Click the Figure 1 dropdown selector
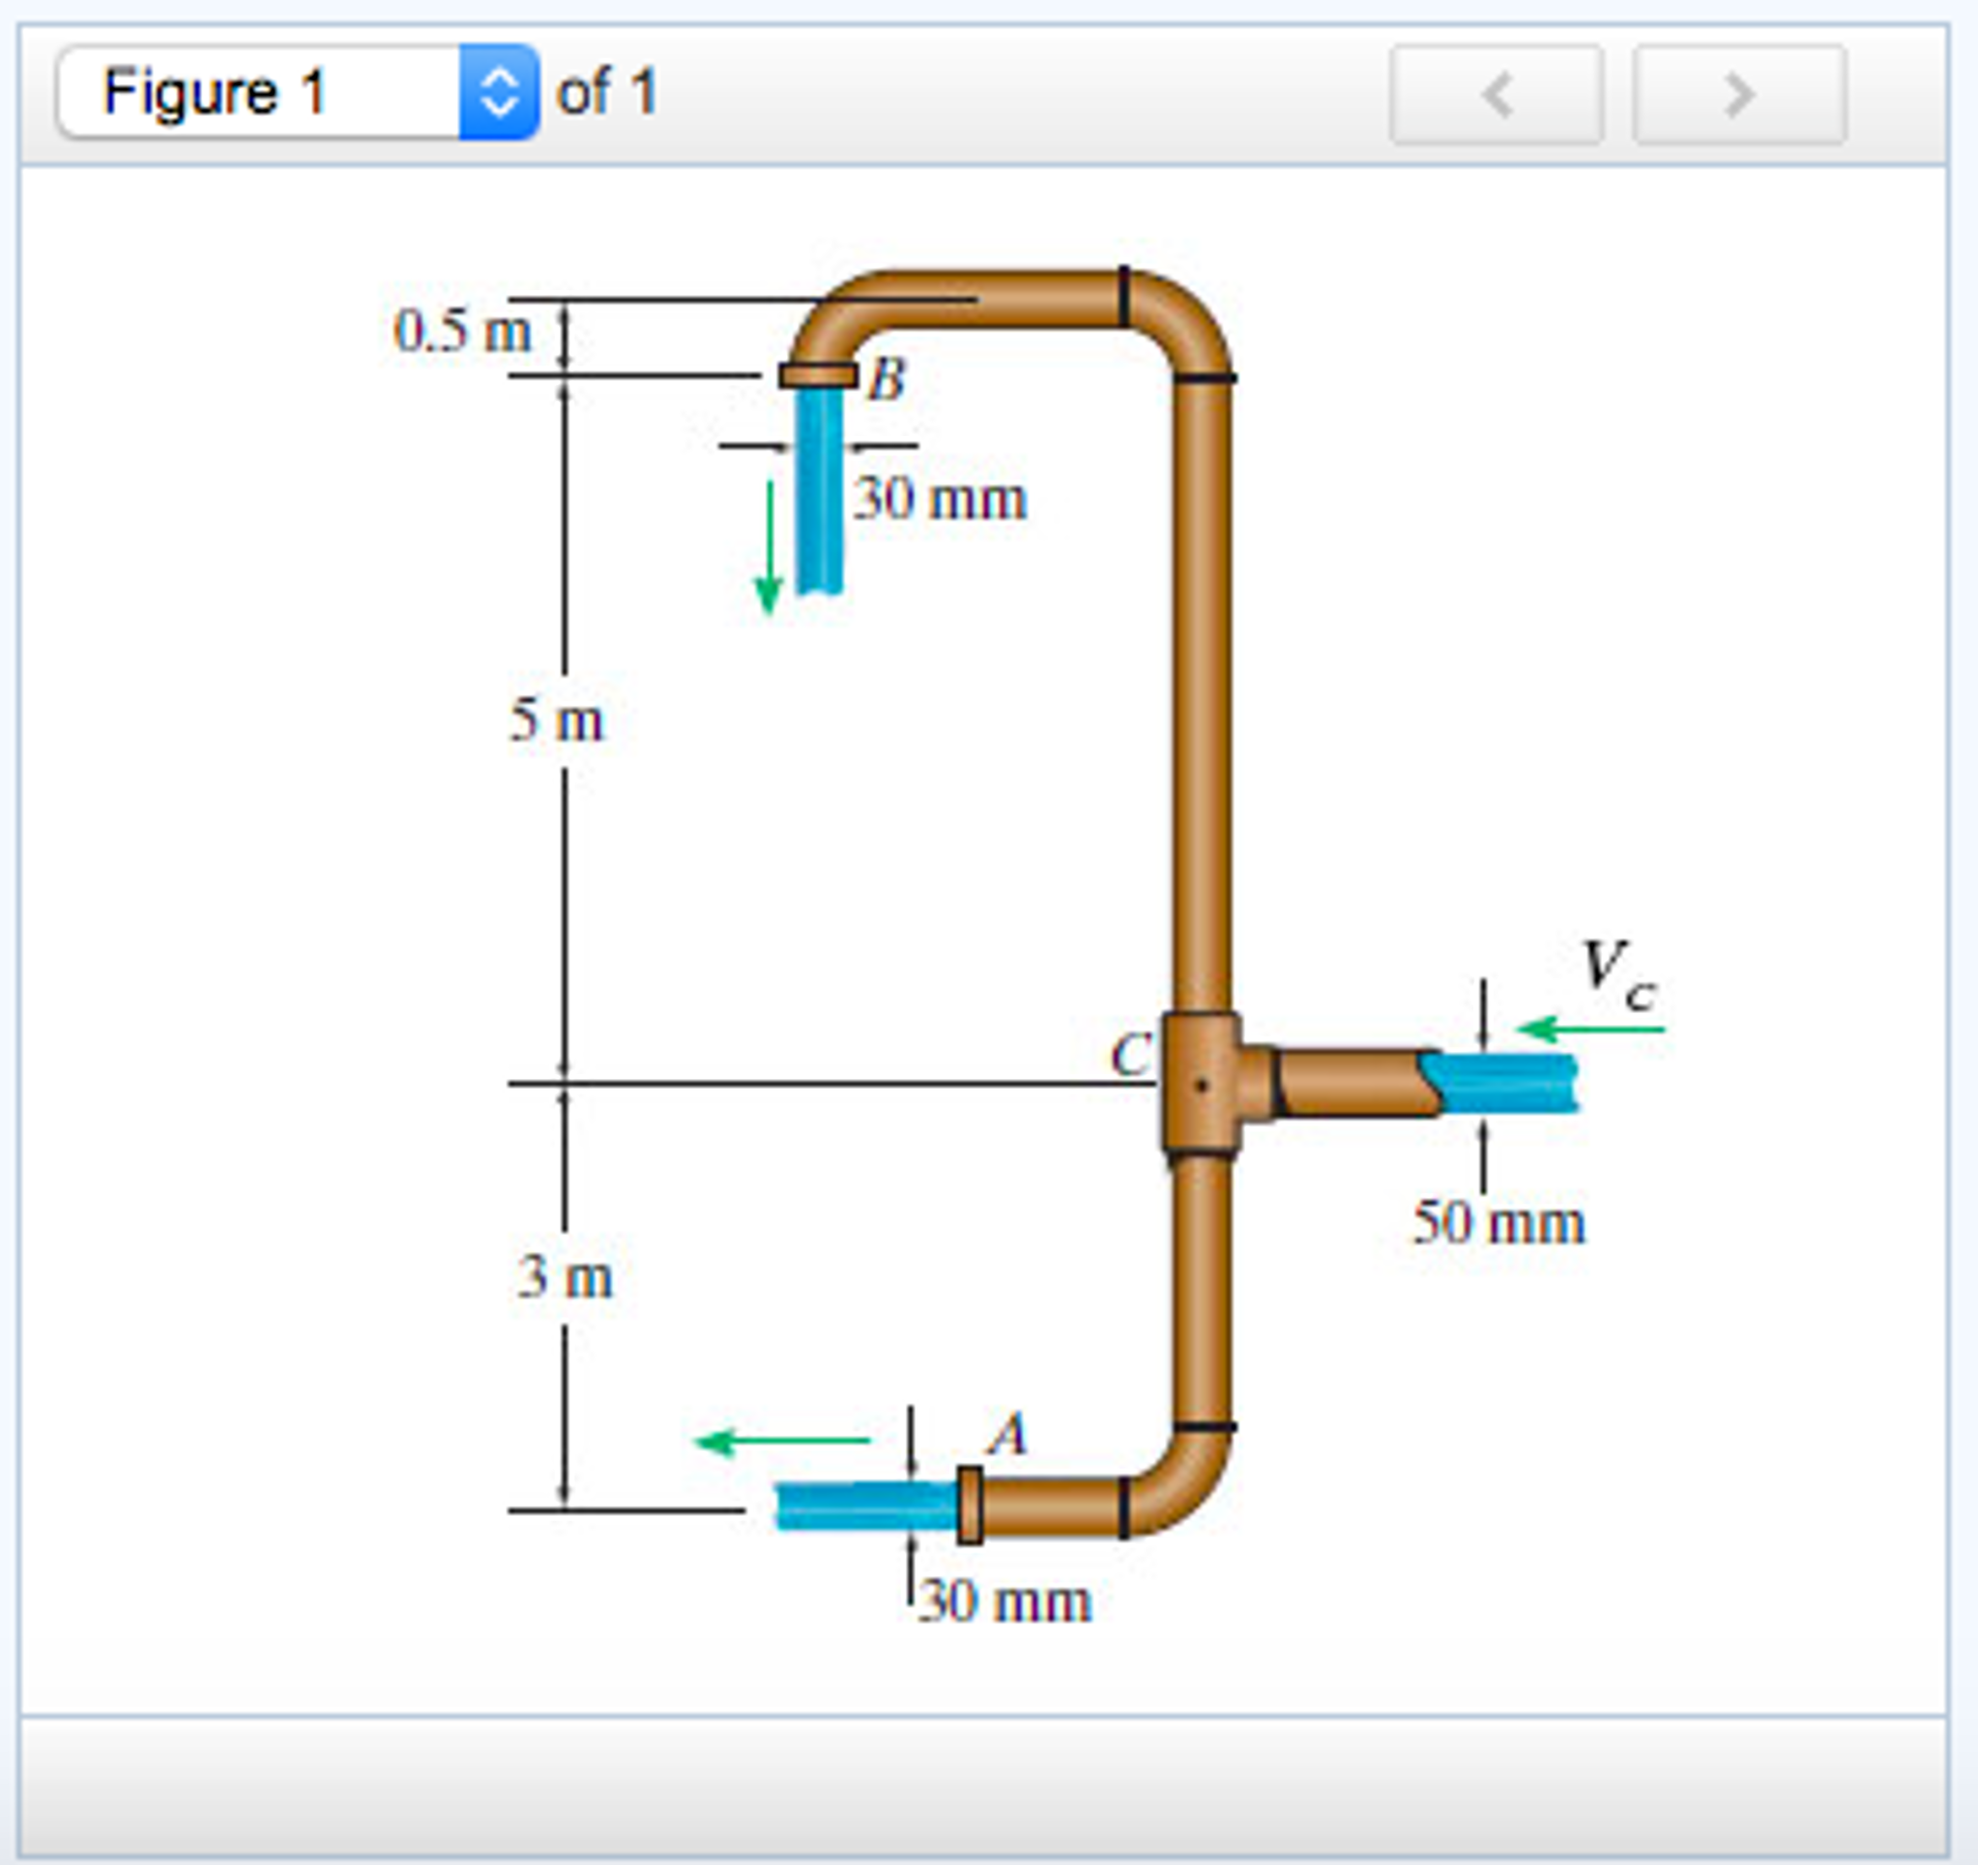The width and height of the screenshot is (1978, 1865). (298, 93)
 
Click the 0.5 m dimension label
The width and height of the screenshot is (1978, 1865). (463, 331)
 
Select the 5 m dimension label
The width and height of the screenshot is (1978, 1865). (556, 719)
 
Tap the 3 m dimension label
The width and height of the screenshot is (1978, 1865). (565, 1277)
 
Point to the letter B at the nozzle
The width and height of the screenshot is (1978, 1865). (887, 379)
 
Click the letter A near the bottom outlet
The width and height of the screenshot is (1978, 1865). (1008, 1434)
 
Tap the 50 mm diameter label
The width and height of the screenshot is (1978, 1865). (1498, 1222)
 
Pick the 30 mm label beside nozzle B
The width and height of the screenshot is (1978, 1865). (941, 499)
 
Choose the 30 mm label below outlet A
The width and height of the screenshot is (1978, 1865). (1004, 1601)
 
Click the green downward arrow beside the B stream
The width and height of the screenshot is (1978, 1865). (770, 547)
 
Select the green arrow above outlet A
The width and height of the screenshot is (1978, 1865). (782, 1441)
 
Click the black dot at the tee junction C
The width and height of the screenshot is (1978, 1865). (1201, 1085)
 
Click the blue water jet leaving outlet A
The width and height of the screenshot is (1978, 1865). (865, 1505)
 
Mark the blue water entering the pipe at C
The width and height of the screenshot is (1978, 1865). (1502, 1083)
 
